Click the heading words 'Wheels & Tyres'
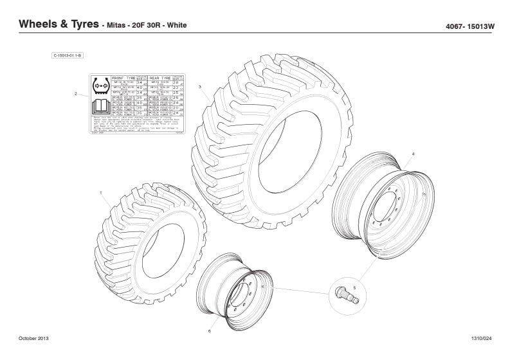click(x=59, y=24)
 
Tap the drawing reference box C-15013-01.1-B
click(x=67, y=56)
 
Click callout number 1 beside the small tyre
click(x=101, y=193)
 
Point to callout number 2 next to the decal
click(x=75, y=94)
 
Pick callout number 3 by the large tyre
click(x=200, y=87)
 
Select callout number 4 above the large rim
click(x=413, y=154)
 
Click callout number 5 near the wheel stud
click(x=353, y=279)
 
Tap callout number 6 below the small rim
click(x=210, y=331)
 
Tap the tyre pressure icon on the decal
click(x=100, y=85)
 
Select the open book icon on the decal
click(x=100, y=106)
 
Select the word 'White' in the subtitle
click(x=177, y=26)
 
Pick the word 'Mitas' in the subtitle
click(x=118, y=26)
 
